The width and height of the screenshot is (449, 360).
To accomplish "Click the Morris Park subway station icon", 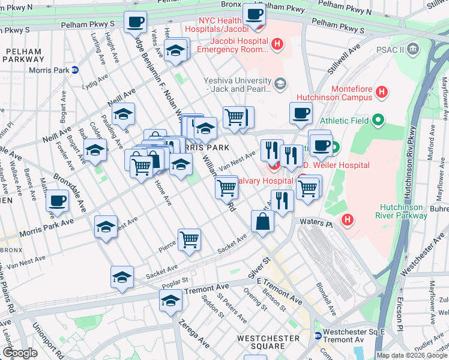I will pos(75,70).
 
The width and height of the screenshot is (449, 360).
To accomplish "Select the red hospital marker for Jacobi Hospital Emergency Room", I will pos(277,44).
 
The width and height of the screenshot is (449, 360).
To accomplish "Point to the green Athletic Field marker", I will pos(378,121).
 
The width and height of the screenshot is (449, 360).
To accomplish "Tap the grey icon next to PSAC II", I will pos(412,48).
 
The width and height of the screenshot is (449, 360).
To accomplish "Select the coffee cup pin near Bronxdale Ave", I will pos(58,200).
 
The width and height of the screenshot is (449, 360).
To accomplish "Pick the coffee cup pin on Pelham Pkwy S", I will pos(135,23).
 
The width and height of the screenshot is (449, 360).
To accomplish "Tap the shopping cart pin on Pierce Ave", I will pos(189,240).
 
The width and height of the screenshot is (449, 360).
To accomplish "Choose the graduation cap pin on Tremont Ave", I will pos(170,301).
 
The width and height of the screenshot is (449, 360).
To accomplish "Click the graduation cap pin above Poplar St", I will pos(121,277).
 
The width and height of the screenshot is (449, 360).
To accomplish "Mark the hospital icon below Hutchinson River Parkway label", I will pos(347,220).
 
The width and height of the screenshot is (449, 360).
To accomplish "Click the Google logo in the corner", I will pos(20,353).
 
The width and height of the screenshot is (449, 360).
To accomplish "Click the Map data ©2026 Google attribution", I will pos(411,355).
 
